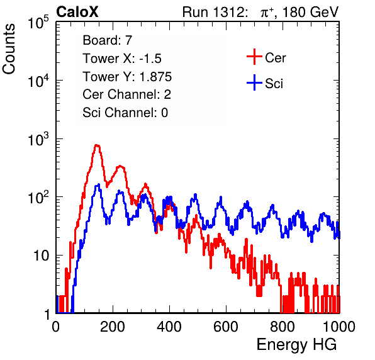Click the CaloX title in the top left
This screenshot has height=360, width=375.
[x=77, y=12]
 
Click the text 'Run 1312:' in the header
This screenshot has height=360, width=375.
[x=215, y=12]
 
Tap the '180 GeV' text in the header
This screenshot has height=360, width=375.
[x=310, y=12]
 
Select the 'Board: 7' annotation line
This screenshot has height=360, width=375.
[x=108, y=40]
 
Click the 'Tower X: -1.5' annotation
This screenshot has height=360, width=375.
[x=122, y=59]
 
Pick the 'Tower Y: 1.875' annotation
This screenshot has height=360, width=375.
[x=127, y=77]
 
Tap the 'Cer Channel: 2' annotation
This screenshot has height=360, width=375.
[x=126, y=94]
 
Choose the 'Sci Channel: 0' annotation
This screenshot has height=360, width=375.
[x=125, y=113]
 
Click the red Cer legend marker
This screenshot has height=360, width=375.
[x=254, y=57]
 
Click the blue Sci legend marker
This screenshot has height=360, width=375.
[x=254, y=82]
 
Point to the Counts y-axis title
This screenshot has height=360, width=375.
[x=9, y=49]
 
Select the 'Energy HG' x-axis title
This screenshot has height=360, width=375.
[x=296, y=345]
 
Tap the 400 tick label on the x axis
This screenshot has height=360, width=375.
[x=169, y=327]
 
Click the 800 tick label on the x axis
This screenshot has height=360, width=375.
[x=283, y=327]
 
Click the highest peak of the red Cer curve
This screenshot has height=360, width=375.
[x=97, y=145]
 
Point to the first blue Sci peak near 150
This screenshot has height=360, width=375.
[x=98, y=185]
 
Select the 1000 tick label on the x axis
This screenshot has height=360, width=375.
[x=339, y=327]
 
